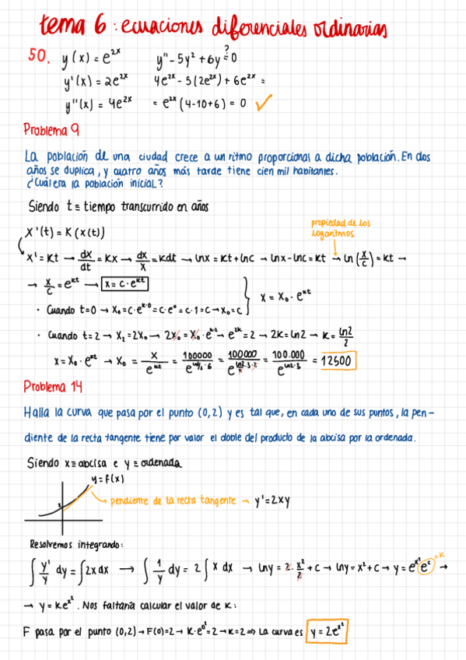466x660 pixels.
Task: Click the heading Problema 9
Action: [51, 129]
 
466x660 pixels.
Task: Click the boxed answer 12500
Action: [336, 361]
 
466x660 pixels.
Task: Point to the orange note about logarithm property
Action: [341, 228]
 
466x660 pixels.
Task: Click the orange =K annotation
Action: [440, 555]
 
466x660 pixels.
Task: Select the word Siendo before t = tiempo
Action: [46, 208]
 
